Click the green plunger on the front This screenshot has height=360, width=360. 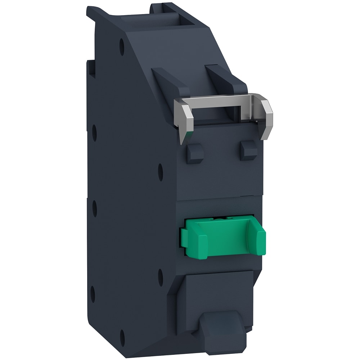click(x=223, y=238)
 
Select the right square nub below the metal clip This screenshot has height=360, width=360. click(x=249, y=150)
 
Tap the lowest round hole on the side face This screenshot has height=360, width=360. click(x=122, y=338)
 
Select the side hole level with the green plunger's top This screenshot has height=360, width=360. click(x=95, y=208)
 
